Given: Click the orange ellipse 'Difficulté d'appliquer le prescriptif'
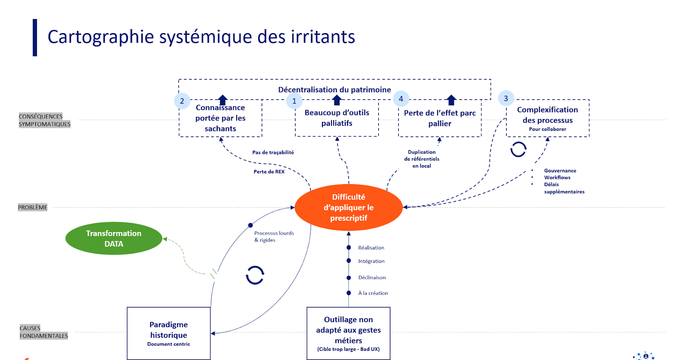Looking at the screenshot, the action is click(348, 207).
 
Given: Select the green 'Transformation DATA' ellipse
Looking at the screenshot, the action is click(114, 239).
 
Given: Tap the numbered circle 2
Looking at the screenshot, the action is click(182, 101).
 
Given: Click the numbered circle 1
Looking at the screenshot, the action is click(294, 101).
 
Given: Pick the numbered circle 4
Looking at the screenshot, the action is click(401, 99).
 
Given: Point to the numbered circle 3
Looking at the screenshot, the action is click(506, 98).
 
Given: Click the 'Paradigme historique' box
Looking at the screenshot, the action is click(169, 333).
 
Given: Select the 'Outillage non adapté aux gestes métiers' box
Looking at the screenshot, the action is click(348, 333).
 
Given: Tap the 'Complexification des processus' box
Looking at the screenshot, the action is click(548, 118).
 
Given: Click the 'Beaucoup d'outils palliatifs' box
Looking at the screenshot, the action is click(337, 118).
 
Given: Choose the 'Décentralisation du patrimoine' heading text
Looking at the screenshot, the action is click(335, 90).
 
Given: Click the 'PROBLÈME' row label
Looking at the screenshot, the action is click(33, 207).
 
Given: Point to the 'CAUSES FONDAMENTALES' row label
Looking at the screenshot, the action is click(43, 332).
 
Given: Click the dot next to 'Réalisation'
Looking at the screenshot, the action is click(348, 247).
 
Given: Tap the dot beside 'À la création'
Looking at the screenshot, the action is click(348, 293).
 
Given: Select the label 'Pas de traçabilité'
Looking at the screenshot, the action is click(273, 152).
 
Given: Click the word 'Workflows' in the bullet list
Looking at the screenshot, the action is click(557, 178).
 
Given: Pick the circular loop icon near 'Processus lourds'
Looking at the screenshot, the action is click(255, 275).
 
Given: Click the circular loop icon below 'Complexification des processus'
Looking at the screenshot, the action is click(518, 149).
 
